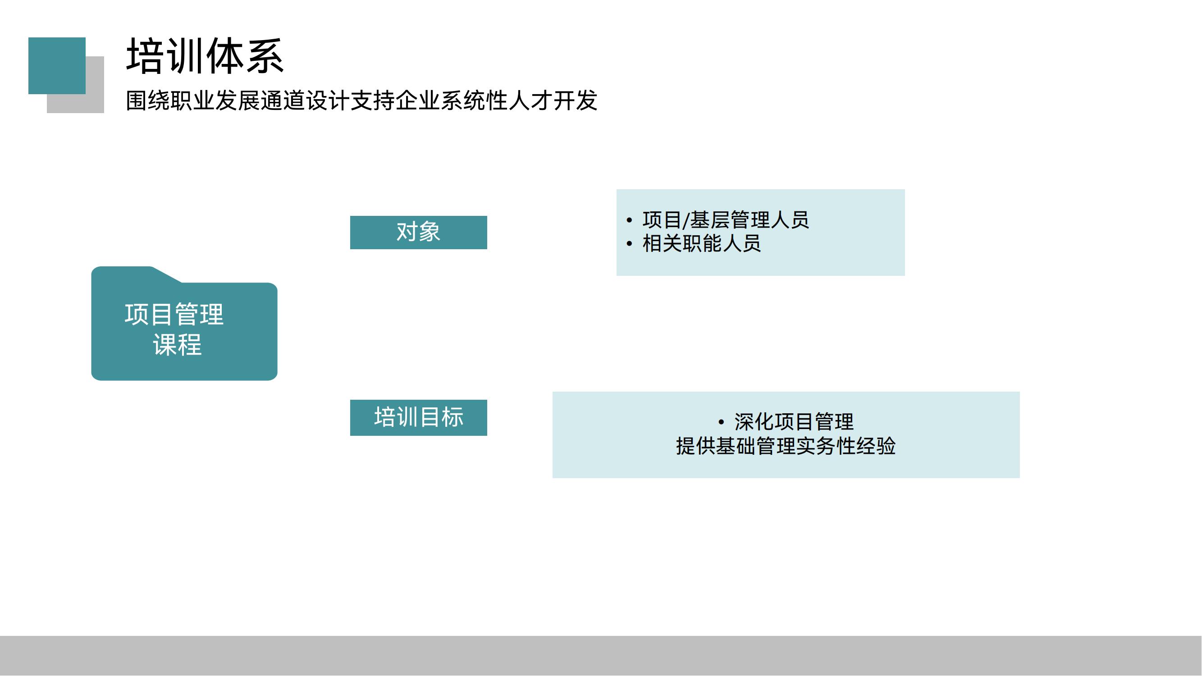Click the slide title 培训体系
pyautogui.click(x=205, y=56)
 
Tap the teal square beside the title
pyautogui.click(x=56, y=65)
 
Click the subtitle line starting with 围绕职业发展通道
pyautogui.click(x=361, y=101)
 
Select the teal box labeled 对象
pyautogui.click(x=418, y=233)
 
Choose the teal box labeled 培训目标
pyautogui.click(x=418, y=418)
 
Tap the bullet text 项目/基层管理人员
pyautogui.click(x=725, y=220)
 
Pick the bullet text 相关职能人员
pyautogui.click(x=701, y=243)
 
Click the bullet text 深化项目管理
pyautogui.click(x=794, y=422)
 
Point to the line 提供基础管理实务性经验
pyautogui.click(x=786, y=446)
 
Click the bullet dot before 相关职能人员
pyautogui.click(x=629, y=243)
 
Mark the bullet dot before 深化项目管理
pyautogui.click(x=721, y=422)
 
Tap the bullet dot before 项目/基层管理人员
pyautogui.click(x=629, y=220)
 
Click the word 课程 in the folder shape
pyautogui.click(x=177, y=345)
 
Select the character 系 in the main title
pyautogui.click(x=265, y=56)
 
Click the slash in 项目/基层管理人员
pyautogui.click(x=686, y=220)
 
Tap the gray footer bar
pyautogui.click(x=601, y=655)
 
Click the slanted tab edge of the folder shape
pyautogui.click(x=167, y=275)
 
